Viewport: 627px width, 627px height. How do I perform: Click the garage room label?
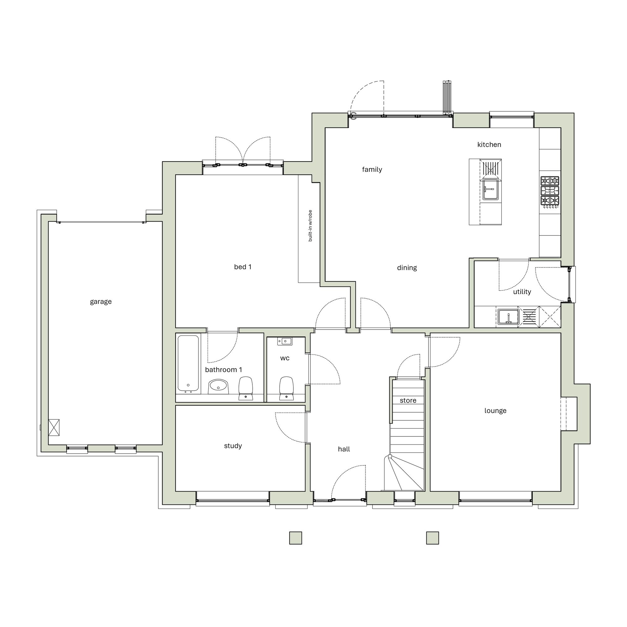[101, 302]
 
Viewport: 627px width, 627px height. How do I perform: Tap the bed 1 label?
[243, 267]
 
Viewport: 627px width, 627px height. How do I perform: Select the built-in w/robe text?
[310, 226]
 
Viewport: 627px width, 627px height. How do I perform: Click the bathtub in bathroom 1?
[188, 363]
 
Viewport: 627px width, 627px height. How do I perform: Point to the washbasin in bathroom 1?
[219, 386]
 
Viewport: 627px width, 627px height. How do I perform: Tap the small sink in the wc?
[285, 341]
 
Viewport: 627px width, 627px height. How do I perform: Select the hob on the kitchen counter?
[550, 191]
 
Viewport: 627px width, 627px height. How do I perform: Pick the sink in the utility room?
[508, 317]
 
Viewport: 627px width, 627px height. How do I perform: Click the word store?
[408, 401]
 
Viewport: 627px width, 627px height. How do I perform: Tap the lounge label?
[495, 411]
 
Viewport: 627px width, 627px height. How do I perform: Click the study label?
[233, 446]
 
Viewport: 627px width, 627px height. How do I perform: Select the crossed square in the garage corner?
[54, 427]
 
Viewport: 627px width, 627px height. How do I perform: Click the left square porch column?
[296, 538]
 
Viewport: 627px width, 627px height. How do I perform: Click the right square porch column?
[433, 538]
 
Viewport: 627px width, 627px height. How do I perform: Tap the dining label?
[407, 268]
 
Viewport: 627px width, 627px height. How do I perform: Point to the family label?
[372, 169]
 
